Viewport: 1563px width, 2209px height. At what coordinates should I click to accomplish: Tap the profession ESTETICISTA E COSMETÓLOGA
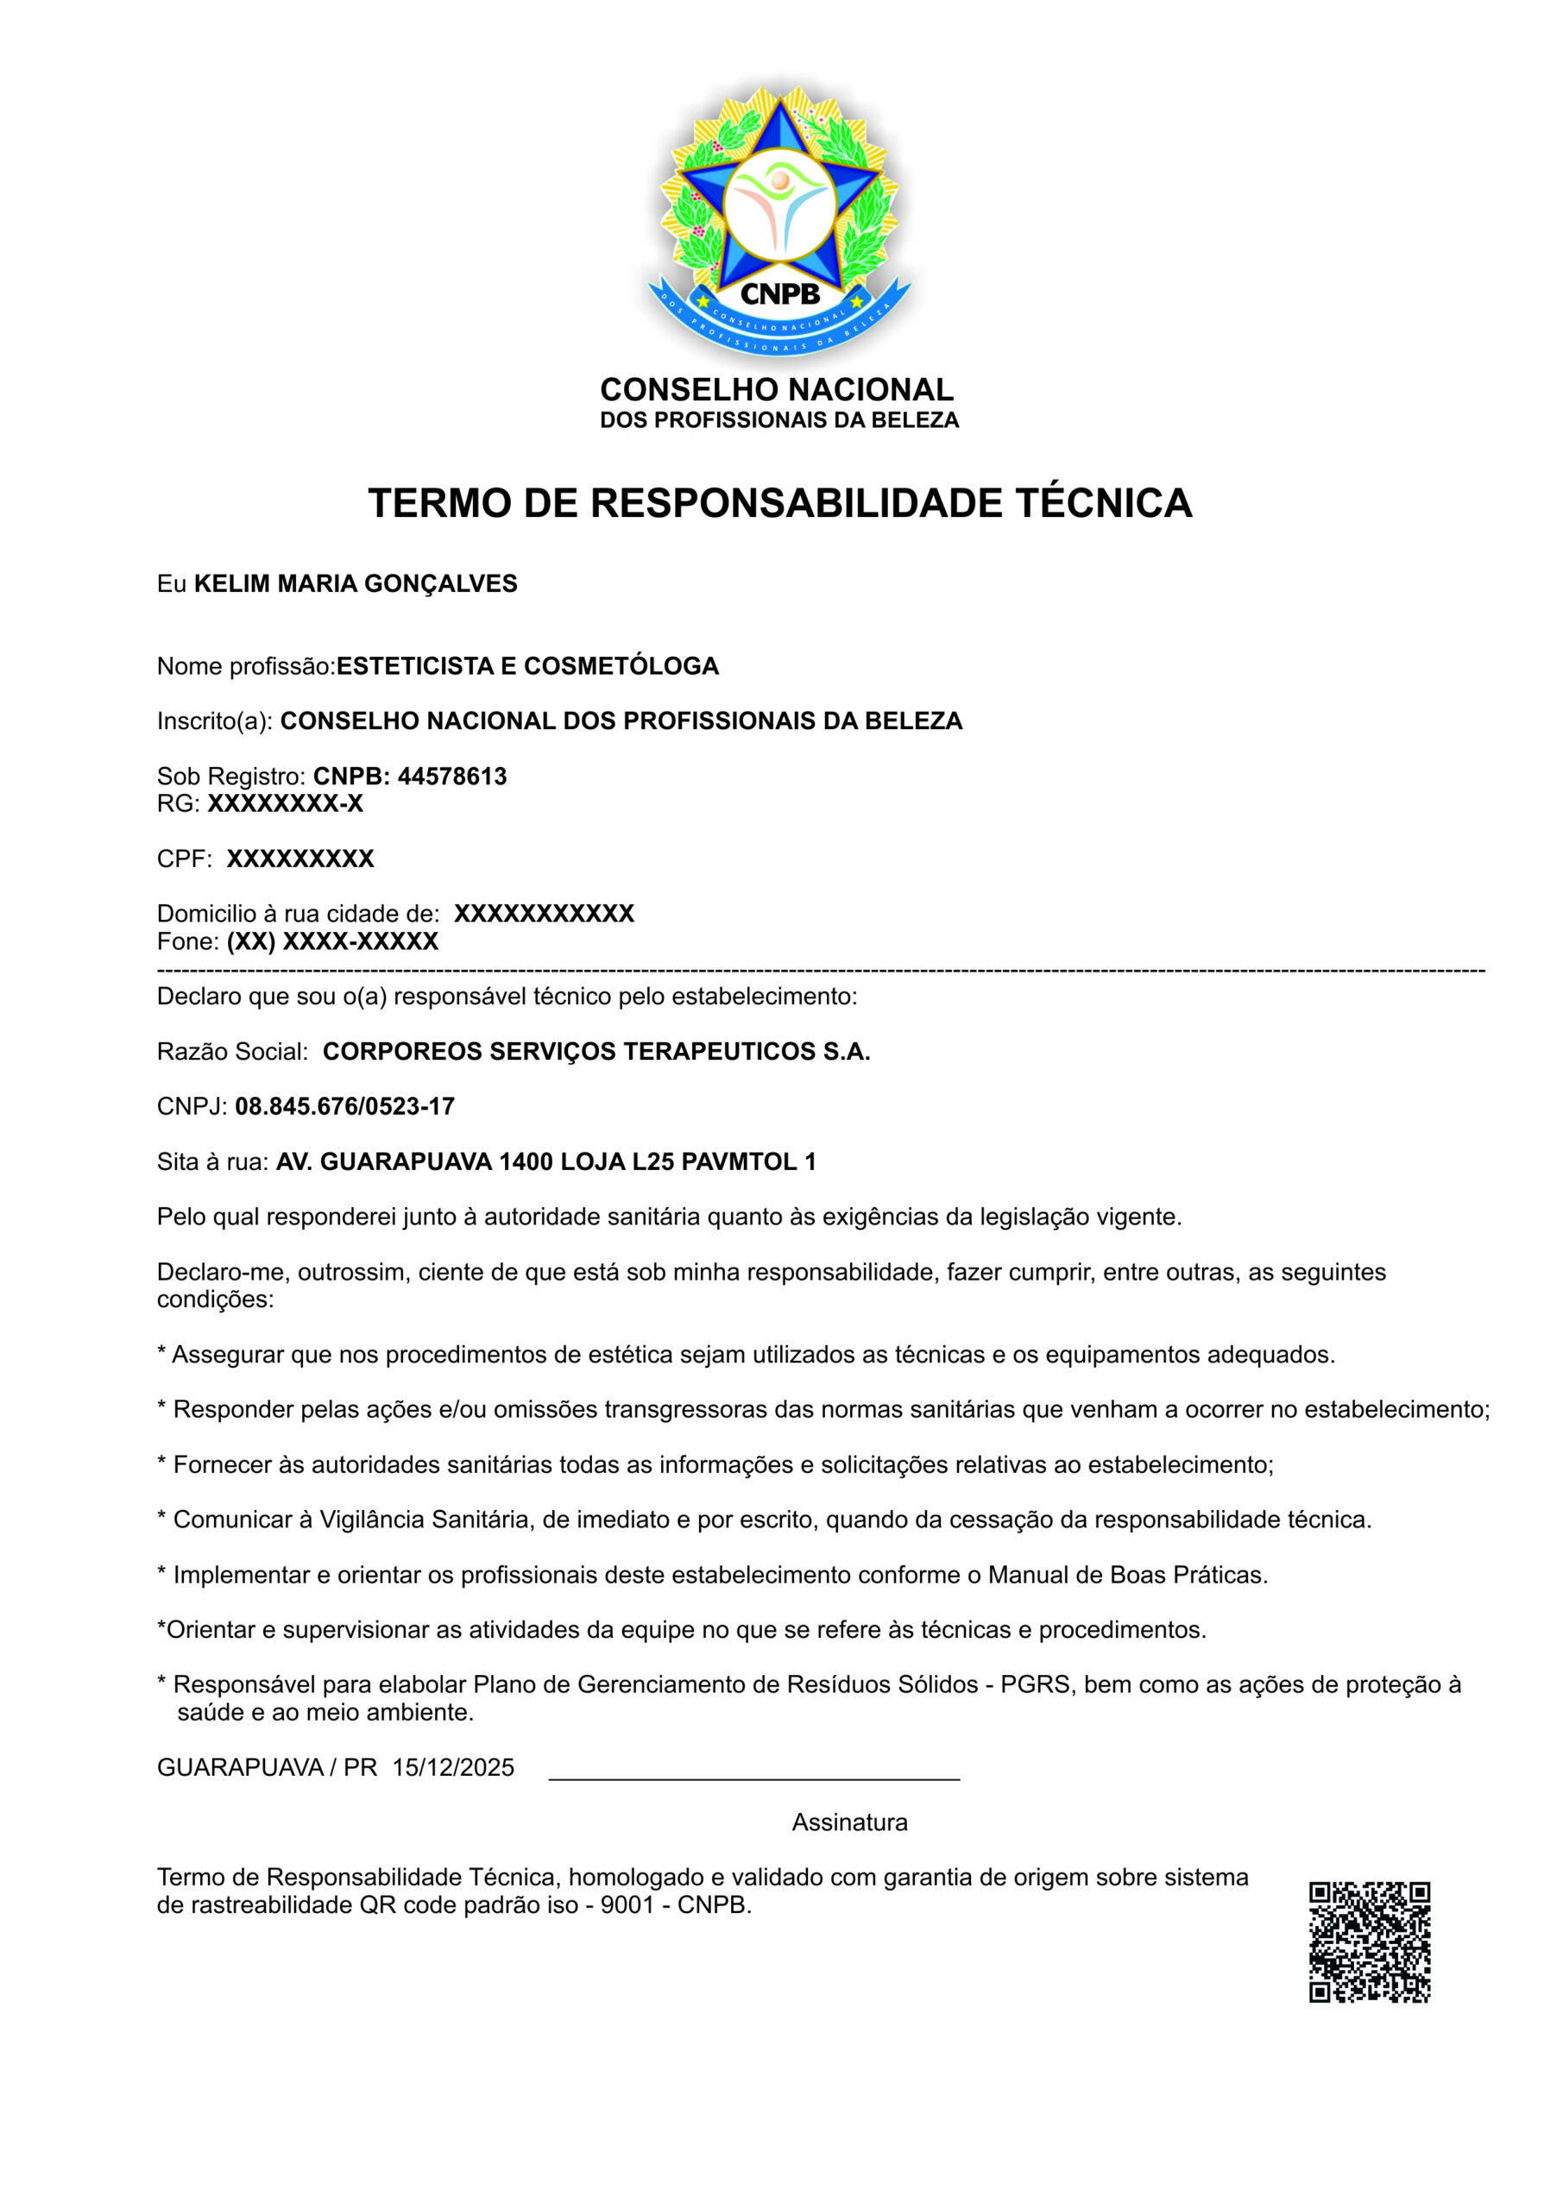(527, 667)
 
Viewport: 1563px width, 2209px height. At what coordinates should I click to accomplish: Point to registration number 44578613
(452, 777)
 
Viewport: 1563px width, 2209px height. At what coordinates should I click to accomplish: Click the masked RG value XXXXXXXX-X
(285, 804)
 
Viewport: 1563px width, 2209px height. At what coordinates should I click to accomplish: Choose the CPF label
(184, 859)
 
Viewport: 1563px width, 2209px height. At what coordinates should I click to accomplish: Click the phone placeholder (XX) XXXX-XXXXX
(332, 942)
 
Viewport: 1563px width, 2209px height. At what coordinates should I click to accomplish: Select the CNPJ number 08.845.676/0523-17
(344, 1107)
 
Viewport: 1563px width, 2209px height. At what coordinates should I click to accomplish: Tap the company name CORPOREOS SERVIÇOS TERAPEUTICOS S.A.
(596, 1053)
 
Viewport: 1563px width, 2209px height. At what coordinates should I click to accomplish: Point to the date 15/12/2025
(453, 1767)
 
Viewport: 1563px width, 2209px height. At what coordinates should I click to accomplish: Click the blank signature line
(753, 1778)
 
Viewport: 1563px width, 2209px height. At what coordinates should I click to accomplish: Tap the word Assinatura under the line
(849, 1822)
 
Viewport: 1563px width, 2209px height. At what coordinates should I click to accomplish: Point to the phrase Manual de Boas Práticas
(1127, 1575)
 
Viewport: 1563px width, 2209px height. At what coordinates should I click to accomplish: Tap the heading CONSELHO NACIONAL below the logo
(777, 390)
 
